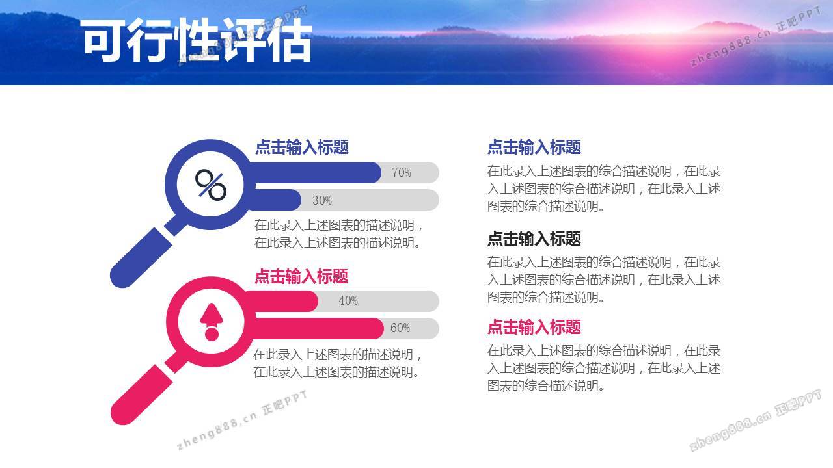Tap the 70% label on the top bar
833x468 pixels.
(x=402, y=172)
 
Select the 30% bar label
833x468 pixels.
(x=322, y=201)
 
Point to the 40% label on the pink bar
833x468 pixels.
(x=348, y=300)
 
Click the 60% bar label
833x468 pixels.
(x=400, y=328)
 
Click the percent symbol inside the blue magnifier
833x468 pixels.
(x=210, y=185)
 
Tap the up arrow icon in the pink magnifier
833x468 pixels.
(x=212, y=322)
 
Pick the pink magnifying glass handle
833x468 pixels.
(x=142, y=395)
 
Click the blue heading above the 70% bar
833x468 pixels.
(x=302, y=147)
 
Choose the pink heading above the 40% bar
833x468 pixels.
(x=301, y=277)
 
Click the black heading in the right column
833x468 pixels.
(x=534, y=239)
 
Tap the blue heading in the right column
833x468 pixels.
(x=534, y=147)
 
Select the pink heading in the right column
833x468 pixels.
(x=534, y=327)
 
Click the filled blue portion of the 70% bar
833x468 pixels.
(x=316, y=172)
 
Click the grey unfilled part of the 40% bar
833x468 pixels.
(x=379, y=301)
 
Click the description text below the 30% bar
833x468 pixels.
(x=338, y=234)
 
